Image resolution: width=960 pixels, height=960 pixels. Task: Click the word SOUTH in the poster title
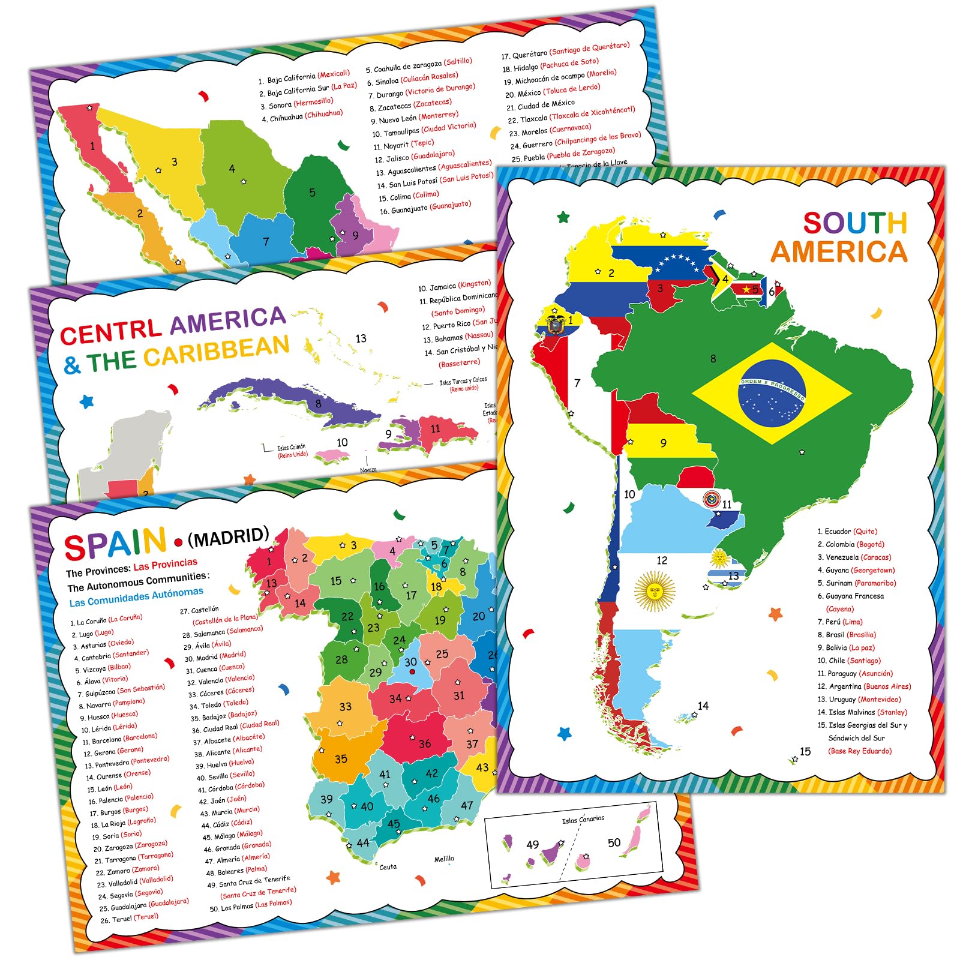pos(854,223)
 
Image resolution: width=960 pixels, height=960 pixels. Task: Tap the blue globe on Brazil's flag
pos(772,393)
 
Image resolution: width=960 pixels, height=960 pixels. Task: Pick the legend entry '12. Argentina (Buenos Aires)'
pos(863,686)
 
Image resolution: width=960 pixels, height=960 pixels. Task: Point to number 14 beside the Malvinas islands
pos(703,706)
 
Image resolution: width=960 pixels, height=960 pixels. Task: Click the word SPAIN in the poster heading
pos(115,544)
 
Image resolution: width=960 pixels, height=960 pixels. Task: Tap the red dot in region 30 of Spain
pos(412,671)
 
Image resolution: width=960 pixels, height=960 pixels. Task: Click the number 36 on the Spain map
pos(425,743)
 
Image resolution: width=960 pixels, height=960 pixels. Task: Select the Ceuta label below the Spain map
pos(388,866)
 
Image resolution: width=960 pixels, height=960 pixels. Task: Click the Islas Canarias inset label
pos(583,819)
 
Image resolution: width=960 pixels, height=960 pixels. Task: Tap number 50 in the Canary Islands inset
pos(614,842)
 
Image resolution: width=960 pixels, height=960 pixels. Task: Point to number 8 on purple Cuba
pos(319,404)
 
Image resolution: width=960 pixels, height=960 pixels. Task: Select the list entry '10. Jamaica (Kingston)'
pos(454,286)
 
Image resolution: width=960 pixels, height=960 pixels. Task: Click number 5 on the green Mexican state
pos(312,193)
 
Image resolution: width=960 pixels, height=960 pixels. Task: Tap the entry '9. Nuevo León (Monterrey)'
pos(414,118)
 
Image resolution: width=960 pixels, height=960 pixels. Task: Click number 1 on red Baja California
pos(92,146)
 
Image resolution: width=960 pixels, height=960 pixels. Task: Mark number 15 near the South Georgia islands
pos(805,752)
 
